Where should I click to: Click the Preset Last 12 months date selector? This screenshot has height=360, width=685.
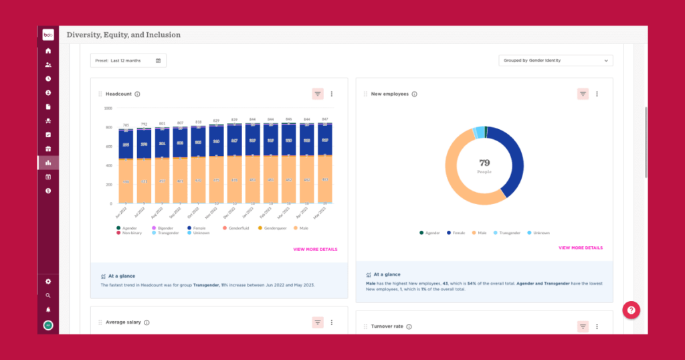128,60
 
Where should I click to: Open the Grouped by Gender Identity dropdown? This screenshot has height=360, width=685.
555,60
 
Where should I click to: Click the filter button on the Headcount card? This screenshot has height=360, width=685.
317,94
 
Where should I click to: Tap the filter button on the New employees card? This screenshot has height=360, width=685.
583,94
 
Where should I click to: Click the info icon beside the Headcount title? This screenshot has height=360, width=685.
137,94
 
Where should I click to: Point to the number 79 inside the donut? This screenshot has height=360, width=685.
484,163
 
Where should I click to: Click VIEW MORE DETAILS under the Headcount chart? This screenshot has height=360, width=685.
315,250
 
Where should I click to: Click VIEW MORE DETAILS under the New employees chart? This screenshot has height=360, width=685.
580,248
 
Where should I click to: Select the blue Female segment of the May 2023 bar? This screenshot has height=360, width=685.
324,140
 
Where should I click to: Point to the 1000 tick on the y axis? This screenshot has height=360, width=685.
108,108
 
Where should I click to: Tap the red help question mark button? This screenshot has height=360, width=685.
632,310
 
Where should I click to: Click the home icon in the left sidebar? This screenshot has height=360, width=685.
48,51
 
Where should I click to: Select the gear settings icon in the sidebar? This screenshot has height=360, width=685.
48,282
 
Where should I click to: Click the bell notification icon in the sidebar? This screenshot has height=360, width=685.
48,310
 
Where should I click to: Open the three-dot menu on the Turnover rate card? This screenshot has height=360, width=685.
597,327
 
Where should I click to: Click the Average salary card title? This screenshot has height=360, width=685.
123,323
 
